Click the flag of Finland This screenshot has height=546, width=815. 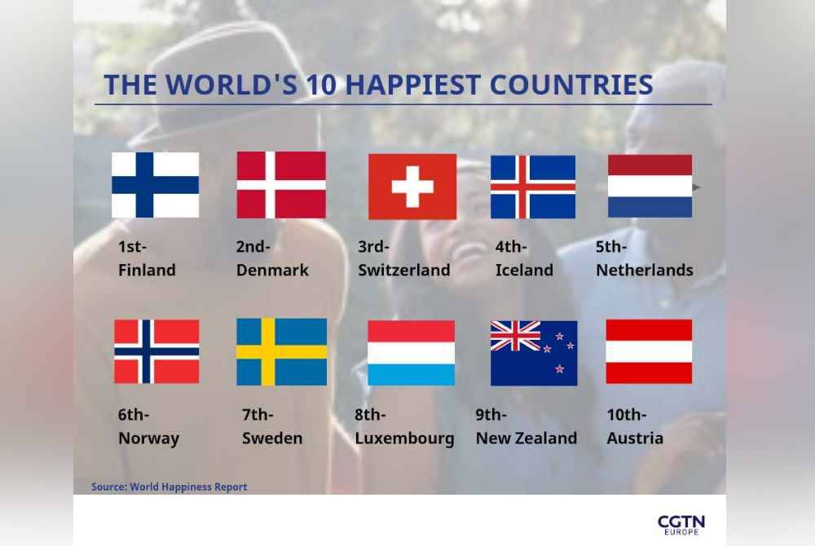[x=156, y=185]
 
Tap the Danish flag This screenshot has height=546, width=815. [x=281, y=185]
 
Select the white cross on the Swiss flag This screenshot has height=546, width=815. [x=412, y=187]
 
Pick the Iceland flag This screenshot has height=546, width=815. [x=533, y=187]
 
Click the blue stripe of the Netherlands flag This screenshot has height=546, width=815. [x=650, y=207]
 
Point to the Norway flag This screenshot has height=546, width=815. [x=156, y=351]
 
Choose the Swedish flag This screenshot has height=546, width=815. [x=282, y=352]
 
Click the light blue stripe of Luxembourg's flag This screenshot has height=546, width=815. [x=411, y=375]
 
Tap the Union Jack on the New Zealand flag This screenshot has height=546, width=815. [x=516, y=336]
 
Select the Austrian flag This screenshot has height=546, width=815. [x=650, y=351]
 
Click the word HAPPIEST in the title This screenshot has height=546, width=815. [x=412, y=85]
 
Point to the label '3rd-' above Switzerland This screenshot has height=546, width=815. [x=373, y=246]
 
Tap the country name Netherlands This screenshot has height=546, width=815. [x=645, y=270]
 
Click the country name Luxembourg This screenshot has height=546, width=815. [x=404, y=438]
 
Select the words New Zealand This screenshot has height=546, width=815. [x=526, y=438]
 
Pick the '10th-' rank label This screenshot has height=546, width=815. [x=626, y=415]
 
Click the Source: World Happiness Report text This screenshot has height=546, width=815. [x=170, y=487]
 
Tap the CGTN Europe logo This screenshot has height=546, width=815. [x=681, y=525]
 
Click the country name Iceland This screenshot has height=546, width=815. [x=524, y=270]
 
